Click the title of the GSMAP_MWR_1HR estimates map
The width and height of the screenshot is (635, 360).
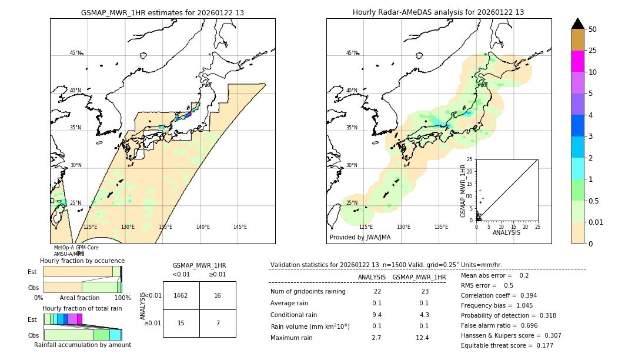coord(162,12)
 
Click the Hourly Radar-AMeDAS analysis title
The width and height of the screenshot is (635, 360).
coord(438,12)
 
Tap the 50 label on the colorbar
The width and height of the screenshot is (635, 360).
coord(593,29)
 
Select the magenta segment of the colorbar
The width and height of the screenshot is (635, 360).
coord(578,61)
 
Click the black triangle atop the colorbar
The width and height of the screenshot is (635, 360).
coord(578,24)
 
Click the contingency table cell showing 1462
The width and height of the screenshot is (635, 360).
coord(181,295)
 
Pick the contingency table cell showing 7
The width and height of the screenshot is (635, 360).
coord(218,323)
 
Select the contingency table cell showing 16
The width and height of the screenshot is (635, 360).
coord(218,295)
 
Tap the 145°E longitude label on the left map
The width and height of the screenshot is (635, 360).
coord(240,227)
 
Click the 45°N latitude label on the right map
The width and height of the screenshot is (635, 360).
coord(352,53)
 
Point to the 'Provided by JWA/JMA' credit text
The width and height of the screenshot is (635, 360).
coord(360,238)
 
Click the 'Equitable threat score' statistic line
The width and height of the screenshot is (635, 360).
coord(507,345)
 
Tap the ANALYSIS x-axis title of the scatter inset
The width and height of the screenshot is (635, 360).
coord(506,232)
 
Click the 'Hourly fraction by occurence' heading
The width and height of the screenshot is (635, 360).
coord(82,261)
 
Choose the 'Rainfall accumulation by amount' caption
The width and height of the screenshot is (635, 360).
coord(82,345)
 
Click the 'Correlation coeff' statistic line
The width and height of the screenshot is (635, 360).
coord(499,295)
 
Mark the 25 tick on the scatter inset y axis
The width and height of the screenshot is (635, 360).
coord(469,159)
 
